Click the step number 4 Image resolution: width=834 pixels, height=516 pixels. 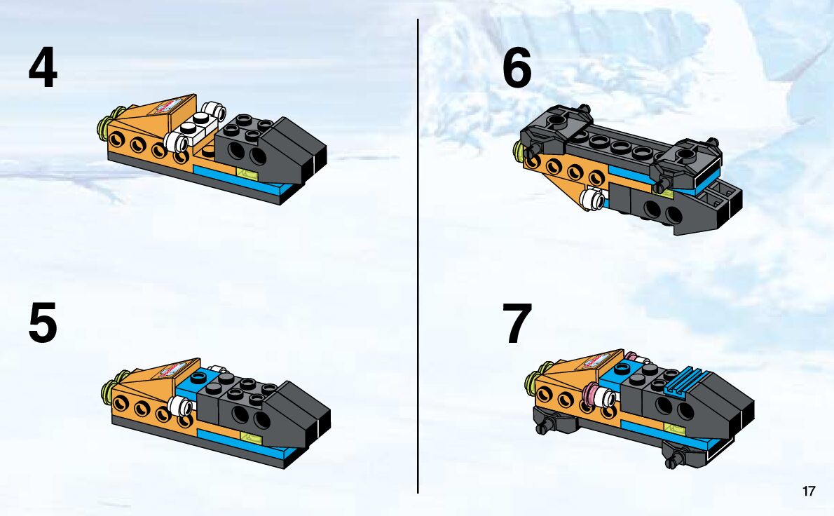coord(43,67)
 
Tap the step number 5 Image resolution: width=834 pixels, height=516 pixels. coord(43,323)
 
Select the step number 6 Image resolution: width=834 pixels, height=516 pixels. coord(517,67)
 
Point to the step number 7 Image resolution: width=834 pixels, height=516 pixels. coord(517,323)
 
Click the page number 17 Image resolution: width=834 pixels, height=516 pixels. coord(809,491)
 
